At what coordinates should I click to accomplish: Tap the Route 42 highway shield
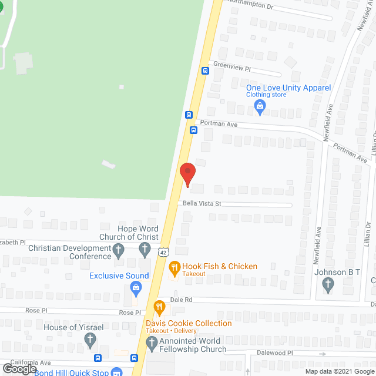[x=163, y=251]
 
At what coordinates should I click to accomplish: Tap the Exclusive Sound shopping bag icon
[x=136, y=287]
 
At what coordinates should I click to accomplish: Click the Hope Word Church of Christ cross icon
[x=145, y=250]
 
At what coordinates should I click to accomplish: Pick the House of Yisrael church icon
[x=90, y=339]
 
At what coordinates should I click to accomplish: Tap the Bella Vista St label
[x=202, y=204]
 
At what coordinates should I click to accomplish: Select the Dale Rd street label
[x=182, y=299]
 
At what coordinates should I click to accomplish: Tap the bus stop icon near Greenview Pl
[x=205, y=71]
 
